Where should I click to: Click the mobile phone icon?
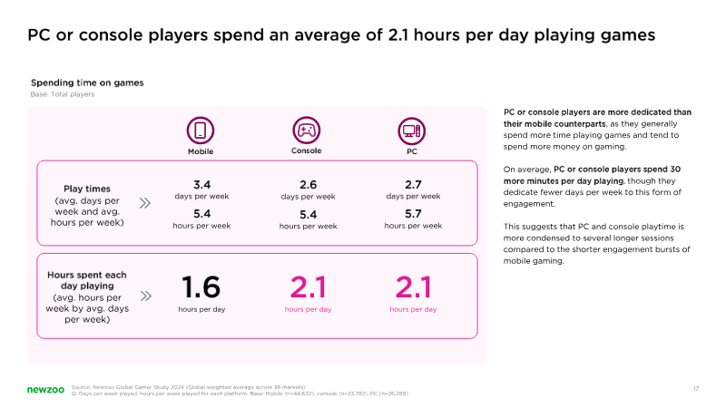pos(200,131)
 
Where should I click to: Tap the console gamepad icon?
pos(306,130)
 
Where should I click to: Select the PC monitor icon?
pos(412,131)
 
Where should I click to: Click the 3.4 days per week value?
pos(201,185)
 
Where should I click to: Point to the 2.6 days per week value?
pos(308,185)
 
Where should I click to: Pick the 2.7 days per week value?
pos(413,185)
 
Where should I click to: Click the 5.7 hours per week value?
pos(413,214)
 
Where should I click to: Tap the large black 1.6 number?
pos(201,287)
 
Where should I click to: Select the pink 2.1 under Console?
pos(308,287)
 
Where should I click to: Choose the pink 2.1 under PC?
pos(413,287)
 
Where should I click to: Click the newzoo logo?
pos(45,390)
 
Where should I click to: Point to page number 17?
pos(695,389)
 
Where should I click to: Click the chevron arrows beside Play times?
pos(145,203)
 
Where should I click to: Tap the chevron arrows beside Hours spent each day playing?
pos(145,296)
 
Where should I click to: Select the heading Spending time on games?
pos(87,83)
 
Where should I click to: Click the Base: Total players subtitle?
pos(63,94)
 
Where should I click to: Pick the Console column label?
pos(306,151)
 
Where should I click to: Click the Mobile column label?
pos(201,151)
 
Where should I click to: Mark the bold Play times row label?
pos(87,189)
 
